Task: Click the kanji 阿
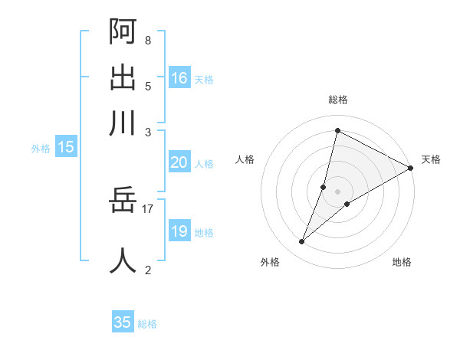123,31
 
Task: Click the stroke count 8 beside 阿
147,40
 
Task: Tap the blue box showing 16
179,77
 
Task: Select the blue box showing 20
179,162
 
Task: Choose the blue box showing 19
179,231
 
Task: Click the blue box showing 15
66,147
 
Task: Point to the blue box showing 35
123,322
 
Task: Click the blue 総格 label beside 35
147,324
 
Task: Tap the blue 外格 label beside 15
41,149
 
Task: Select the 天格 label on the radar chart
431,159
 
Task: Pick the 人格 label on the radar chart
245,159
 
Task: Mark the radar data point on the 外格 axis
302,242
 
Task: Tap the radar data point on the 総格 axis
337,130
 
